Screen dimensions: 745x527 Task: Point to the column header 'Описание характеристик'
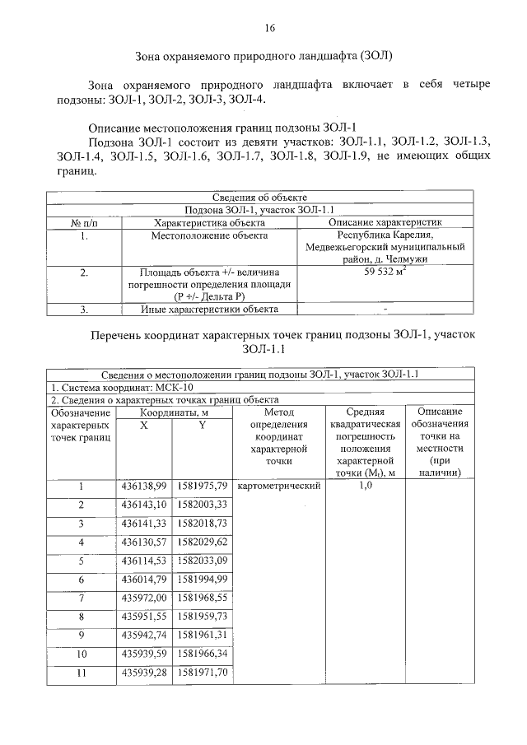coord(385,222)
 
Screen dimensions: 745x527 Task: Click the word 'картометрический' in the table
coord(277,487)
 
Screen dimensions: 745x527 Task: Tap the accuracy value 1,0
coord(366,487)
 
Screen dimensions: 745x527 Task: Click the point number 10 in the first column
coord(81,654)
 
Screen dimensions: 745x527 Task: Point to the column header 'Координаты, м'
coord(173,412)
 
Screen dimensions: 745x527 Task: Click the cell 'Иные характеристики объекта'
coord(209,310)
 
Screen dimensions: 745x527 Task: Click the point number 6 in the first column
coord(81,580)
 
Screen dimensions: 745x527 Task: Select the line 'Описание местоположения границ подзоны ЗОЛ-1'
coord(222,128)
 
